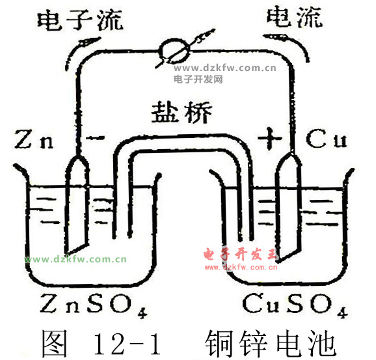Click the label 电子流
tap(80, 20)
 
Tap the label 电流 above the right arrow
tap(295, 16)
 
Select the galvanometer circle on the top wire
tap(175, 51)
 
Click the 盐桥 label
tap(181, 112)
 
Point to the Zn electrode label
tap(34, 139)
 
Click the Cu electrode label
tap(327, 139)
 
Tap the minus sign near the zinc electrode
tap(95, 137)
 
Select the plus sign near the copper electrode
tap(270, 139)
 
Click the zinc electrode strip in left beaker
tap(77, 204)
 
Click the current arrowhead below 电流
tap(273, 36)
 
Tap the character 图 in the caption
tap(54, 343)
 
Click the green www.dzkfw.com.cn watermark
tap(75, 260)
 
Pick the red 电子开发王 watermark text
tap(241, 255)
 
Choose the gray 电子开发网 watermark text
tap(198, 79)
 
